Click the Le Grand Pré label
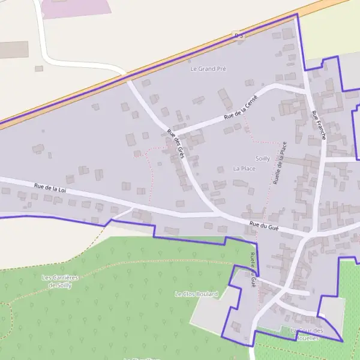(208, 69)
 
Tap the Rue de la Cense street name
(240, 107)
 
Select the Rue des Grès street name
(175, 144)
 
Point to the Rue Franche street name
(318, 125)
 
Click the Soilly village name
(262, 158)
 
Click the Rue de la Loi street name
(49, 188)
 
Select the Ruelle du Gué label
(253, 270)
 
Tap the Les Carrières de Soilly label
(60, 281)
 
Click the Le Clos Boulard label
(196, 294)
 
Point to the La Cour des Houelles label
(307, 334)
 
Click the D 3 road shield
(239, 35)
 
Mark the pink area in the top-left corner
(75, 7)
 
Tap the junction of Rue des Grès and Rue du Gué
(217, 214)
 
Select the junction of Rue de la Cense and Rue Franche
(308, 93)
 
